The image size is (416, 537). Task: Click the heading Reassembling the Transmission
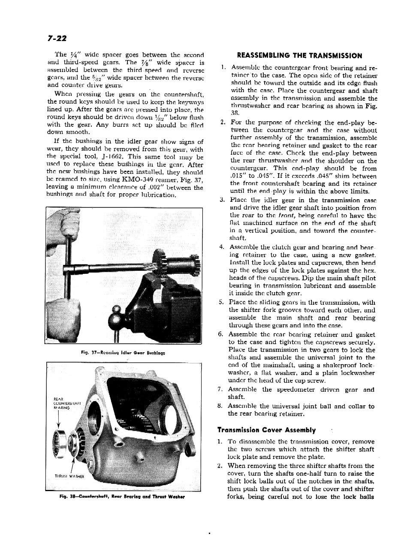299,56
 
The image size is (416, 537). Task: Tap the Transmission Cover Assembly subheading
266,430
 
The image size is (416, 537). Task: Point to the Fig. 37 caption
124,353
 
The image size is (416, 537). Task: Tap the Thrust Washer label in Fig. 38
69,476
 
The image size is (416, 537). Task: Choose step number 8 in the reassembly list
220,406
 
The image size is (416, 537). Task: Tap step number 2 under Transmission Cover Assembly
220,466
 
